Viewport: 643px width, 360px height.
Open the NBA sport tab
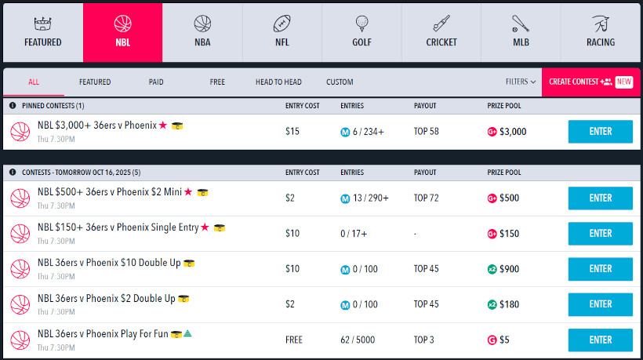202,32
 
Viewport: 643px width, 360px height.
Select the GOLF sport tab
361,32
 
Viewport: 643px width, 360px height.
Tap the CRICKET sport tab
441,32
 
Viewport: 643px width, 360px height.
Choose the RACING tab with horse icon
600,32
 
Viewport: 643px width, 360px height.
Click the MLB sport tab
521,32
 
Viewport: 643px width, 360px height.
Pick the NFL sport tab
282,32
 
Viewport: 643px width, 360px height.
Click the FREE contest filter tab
217,82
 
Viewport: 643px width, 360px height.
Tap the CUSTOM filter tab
340,82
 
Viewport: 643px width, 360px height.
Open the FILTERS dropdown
521,82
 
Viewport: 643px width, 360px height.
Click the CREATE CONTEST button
590,82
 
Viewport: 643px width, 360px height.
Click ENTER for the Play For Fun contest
600,340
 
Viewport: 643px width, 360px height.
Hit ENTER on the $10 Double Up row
600,269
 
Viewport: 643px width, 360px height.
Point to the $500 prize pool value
509,198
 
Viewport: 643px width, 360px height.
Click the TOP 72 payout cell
427,198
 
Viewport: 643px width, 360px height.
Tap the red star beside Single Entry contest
205,227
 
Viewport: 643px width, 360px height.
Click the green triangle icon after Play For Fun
188,333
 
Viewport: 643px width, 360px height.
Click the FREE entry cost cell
294,340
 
